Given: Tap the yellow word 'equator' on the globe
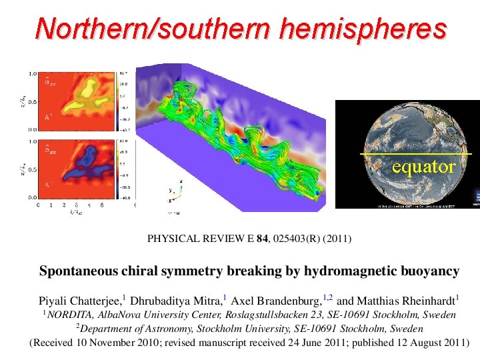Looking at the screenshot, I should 423,167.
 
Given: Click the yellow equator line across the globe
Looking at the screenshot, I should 373,154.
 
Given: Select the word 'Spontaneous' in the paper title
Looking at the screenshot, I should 79,271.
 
